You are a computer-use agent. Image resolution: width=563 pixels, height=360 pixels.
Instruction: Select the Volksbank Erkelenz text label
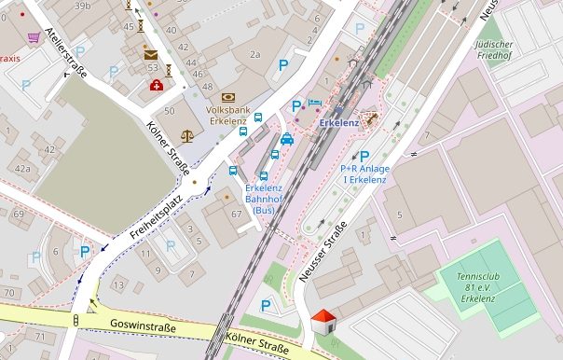click(x=227, y=114)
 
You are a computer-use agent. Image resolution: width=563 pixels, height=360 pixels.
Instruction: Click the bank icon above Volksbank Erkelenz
click(x=228, y=97)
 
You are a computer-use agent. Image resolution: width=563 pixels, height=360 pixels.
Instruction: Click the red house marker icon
click(x=323, y=323)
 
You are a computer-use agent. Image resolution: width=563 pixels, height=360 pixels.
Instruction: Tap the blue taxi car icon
click(x=287, y=139)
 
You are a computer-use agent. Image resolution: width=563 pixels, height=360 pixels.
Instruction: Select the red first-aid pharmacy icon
click(x=156, y=86)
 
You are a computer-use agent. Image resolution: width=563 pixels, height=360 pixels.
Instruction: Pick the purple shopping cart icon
click(x=34, y=37)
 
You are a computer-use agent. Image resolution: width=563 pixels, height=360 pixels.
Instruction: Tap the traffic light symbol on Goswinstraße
click(x=76, y=321)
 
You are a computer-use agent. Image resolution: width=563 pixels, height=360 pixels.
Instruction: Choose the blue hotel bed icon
click(x=314, y=102)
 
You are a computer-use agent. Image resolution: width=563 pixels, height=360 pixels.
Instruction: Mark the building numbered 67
click(x=235, y=215)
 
